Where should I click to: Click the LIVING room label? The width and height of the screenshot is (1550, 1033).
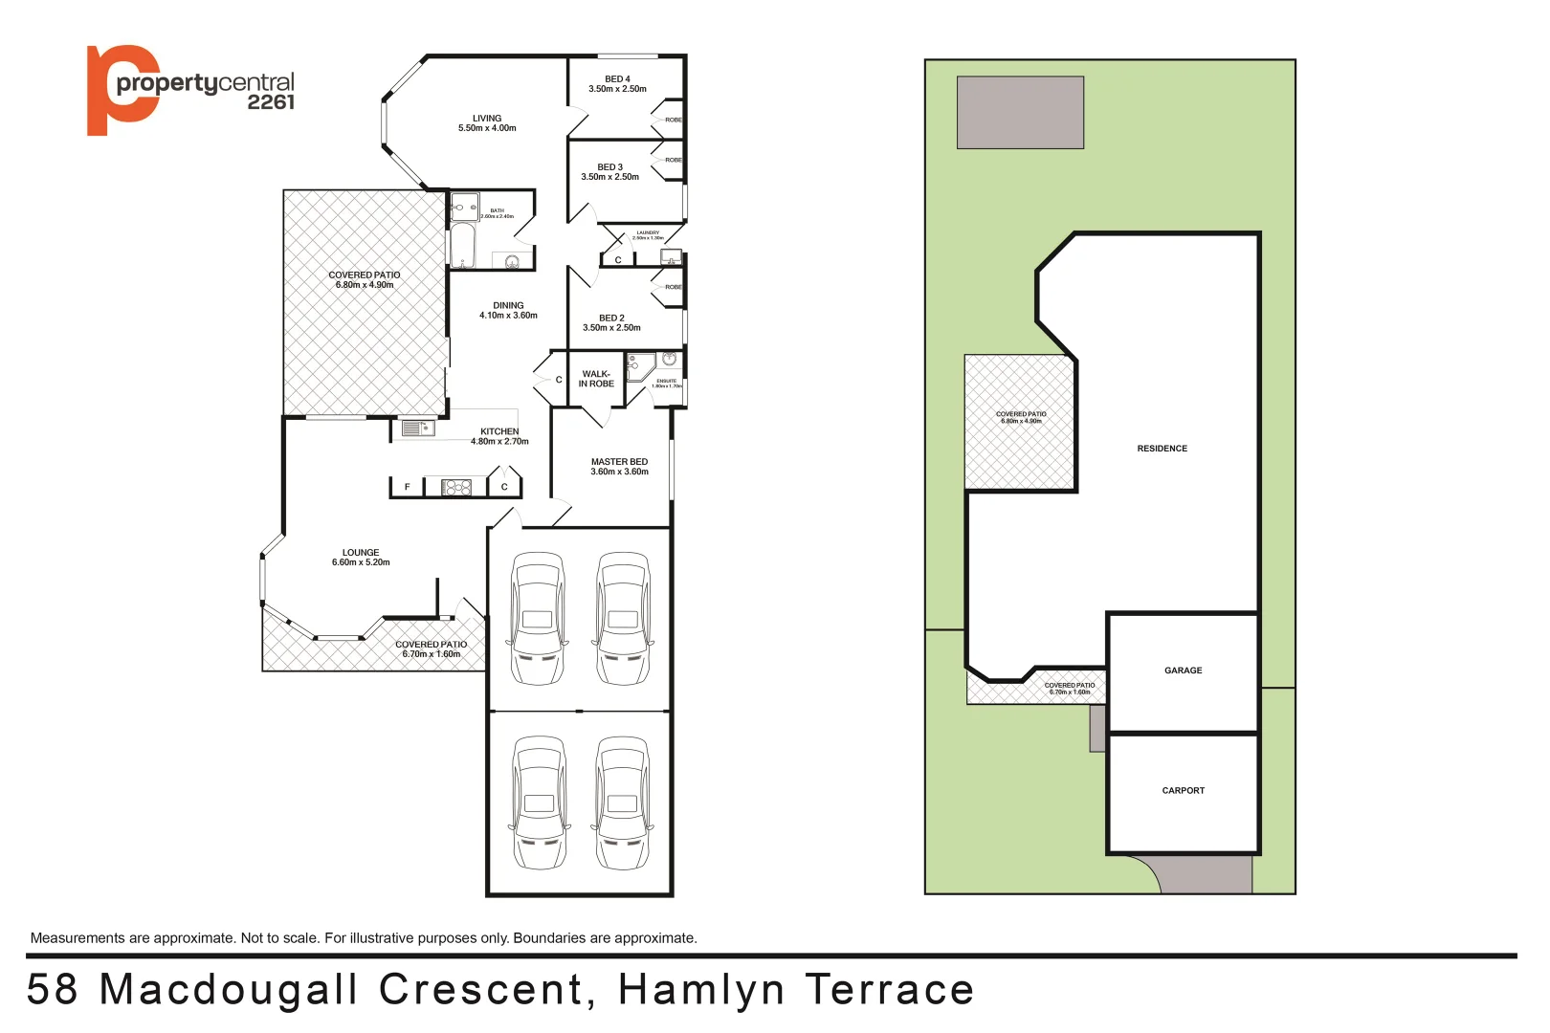(x=486, y=119)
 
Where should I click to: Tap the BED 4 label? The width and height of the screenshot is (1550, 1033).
(x=617, y=79)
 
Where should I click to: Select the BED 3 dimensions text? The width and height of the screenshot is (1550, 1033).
(x=609, y=177)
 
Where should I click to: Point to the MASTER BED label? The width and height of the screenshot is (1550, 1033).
(x=619, y=462)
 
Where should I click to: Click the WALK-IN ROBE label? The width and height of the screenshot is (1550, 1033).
(x=596, y=379)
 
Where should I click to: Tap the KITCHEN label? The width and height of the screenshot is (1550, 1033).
(x=499, y=431)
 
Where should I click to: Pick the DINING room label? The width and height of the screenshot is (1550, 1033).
(x=508, y=306)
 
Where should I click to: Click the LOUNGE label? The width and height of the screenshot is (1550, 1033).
(x=361, y=553)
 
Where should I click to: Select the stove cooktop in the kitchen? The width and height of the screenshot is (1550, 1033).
(x=456, y=488)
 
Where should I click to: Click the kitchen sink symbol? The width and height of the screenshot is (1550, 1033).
(x=413, y=429)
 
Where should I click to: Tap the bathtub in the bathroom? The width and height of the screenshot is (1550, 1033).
(x=462, y=246)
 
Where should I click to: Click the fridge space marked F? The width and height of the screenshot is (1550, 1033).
(x=407, y=488)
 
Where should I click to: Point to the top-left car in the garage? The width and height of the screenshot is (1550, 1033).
(x=538, y=618)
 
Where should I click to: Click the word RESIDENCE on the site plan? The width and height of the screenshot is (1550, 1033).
(x=1162, y=449)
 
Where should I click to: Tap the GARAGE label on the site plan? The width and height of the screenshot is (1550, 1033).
(x=1183, y=670)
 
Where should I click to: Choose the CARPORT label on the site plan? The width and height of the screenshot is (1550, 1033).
(x=1183, y=791)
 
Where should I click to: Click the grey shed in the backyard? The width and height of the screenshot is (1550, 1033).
(x=1020, y=113)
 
